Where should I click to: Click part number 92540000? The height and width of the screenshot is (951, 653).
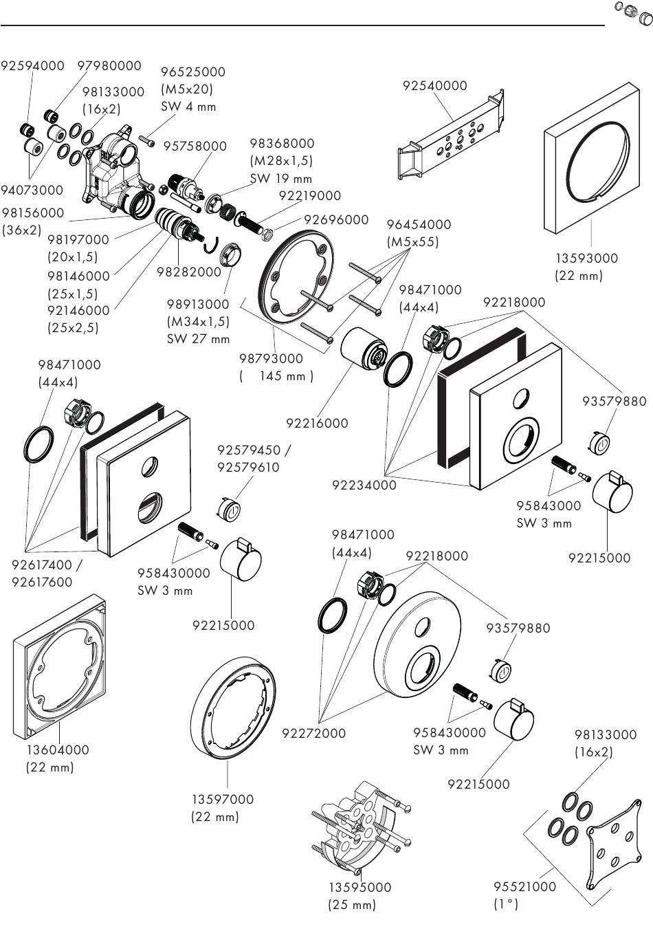pos(434,86)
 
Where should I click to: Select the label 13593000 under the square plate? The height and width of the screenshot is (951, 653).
pos(586,259)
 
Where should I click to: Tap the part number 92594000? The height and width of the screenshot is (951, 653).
pos(32,66)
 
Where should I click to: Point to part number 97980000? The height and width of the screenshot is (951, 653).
pos(109,66)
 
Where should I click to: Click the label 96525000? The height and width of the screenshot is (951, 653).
pos(192,72)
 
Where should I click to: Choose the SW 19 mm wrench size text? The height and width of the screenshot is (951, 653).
pos(280,179)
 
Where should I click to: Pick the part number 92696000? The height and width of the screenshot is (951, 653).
pos(336,220)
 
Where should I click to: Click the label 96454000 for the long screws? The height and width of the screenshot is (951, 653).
pos(419,225)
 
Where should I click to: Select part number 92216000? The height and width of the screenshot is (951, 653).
pos(317,424)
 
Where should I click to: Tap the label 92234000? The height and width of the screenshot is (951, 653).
pos(364,485)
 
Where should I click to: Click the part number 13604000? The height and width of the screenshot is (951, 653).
pos(58,750)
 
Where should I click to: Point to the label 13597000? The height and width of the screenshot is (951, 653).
pos(222,799)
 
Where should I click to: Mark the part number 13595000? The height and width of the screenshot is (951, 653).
pos(359,887)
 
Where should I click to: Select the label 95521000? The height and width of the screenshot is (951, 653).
pos(524,887)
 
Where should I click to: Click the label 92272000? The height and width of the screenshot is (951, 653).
pos(313,733)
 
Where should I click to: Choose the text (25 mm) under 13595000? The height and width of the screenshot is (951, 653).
pos(352,905)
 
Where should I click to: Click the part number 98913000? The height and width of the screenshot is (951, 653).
pos(198,304)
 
